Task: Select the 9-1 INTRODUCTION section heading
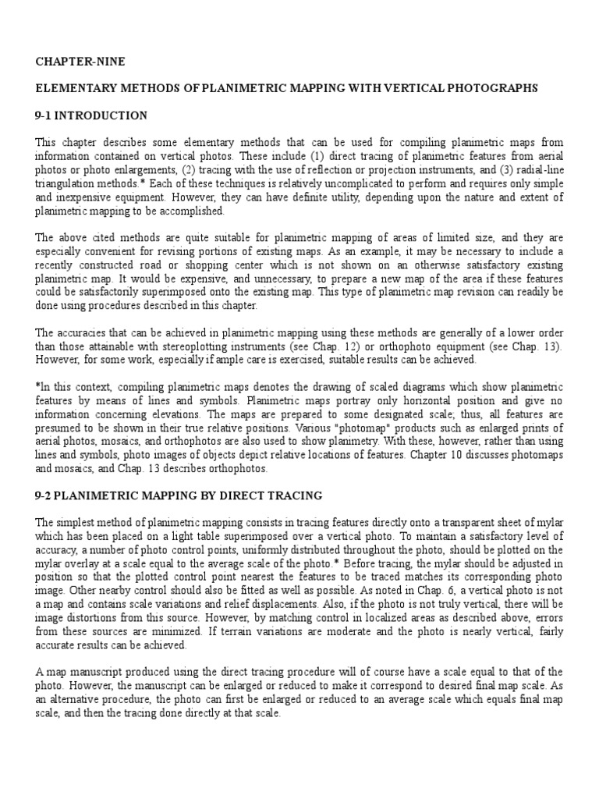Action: [91, 115]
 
